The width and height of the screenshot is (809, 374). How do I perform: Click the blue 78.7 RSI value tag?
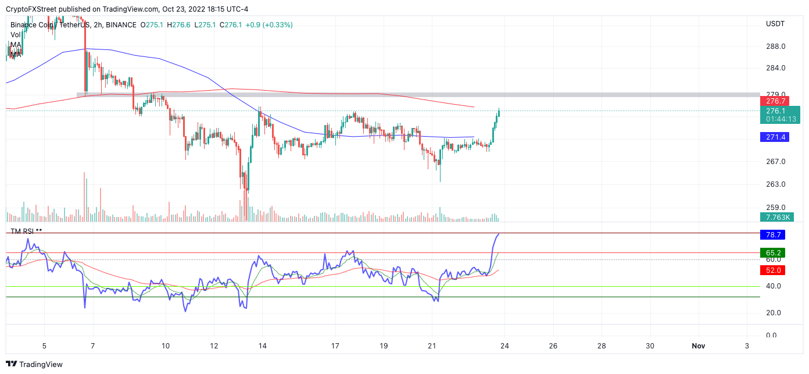coord(772,235)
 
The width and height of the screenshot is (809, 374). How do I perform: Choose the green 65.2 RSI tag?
coord(772,252)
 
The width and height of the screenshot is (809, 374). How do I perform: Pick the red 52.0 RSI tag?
coord(772,270)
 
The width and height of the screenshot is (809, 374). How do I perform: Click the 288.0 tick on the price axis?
coord(775,47)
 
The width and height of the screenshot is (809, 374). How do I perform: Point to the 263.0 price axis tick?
coord(775,184)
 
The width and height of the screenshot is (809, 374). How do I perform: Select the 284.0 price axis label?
coord(775,68)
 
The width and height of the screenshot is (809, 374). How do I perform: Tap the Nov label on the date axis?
coord(698,345)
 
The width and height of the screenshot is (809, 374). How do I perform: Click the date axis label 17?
coord(335,345)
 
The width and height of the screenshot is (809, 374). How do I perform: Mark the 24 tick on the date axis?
coord(504,345)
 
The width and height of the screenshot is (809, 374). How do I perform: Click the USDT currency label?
coord(775,24)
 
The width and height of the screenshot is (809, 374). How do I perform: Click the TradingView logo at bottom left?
coord(35,365)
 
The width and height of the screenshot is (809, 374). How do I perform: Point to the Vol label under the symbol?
coord(16,35)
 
